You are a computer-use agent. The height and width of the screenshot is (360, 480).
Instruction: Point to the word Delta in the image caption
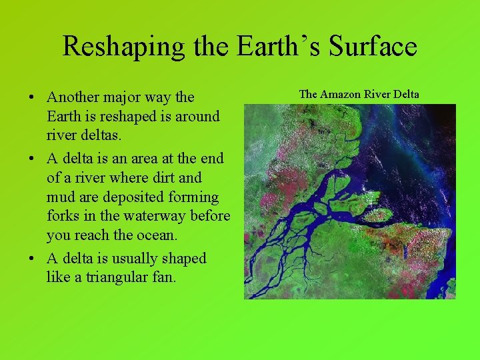(405, 94)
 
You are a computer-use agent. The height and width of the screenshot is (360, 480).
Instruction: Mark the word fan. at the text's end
(163, 277)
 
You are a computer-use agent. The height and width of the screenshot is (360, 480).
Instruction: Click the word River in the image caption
(375, 94)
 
